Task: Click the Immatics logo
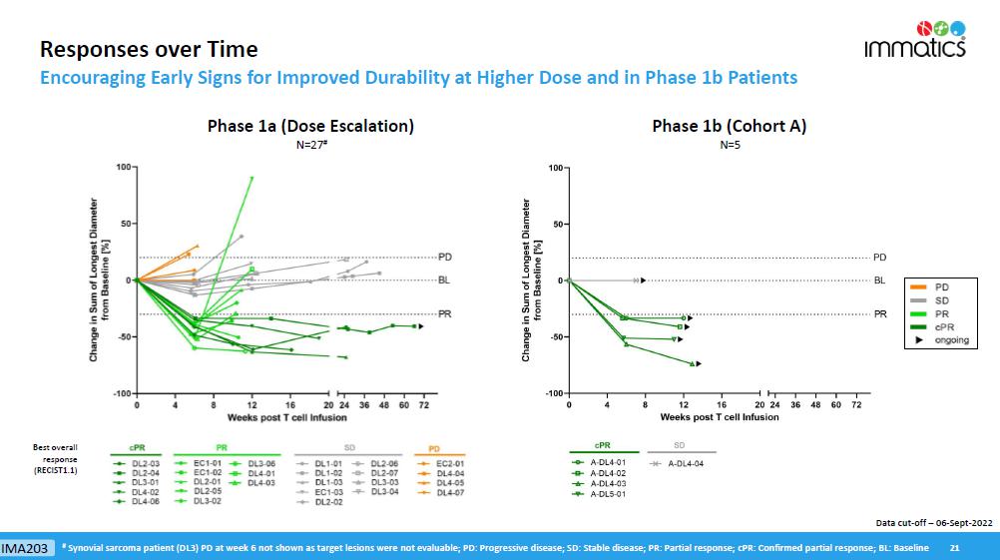pyautogui.click(x=915, y=40)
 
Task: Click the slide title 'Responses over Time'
pyautogui.click(x=148, y=49)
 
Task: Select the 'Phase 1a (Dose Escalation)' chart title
pyautogui.click(x=310, y=126)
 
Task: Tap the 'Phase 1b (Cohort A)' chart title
pyautogui.click(x=729, y=126)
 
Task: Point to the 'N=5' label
pyautogui.click(x=729, y=145)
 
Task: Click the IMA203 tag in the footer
pyautogui.click(x=26, y=548)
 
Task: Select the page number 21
pyautogui.click(x=954, y=548)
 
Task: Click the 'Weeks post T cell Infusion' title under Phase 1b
pyautogui.click(x=719, y=417)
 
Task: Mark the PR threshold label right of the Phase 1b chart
pyautogui.click(x=880, y=314)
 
